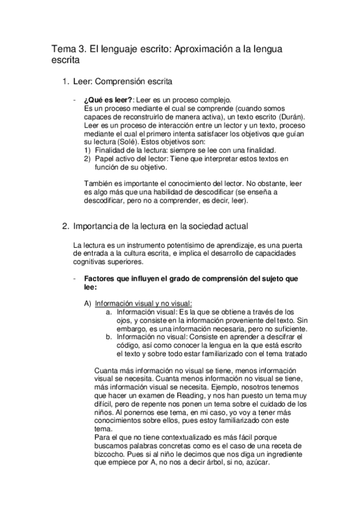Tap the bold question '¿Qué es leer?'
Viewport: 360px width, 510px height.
108,99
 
